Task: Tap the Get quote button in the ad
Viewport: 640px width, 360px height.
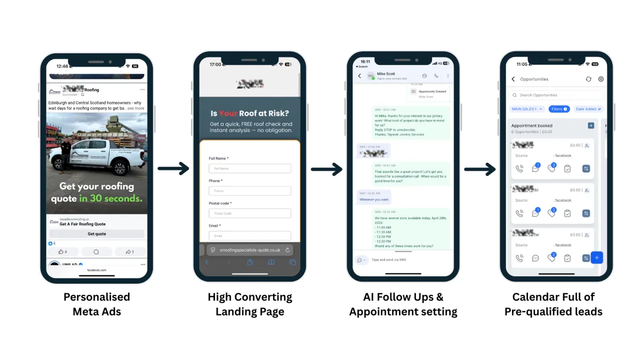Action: (97, 234)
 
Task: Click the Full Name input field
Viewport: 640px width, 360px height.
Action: (250, 169)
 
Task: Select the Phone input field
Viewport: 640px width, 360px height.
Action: (250, 191)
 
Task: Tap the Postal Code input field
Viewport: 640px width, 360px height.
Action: (250, 213)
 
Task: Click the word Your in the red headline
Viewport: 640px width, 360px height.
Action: (228, 114)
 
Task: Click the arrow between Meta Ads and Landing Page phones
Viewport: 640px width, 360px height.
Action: (173, 169)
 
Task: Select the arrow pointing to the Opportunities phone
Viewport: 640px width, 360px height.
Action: (480, 169)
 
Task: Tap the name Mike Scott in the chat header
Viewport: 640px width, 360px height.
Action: (386, 74)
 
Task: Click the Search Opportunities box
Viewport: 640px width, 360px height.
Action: (556, 95)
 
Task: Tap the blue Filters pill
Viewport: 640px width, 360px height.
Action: (559, 109)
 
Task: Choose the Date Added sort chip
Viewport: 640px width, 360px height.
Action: (588, 109)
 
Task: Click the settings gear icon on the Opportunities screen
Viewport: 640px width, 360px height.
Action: (601, 79)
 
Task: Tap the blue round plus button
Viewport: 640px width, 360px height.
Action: (597, 258)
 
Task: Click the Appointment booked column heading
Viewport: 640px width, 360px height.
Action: (532, 126)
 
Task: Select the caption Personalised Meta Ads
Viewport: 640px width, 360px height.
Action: (97, 304)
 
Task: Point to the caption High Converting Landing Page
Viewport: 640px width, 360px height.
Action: (250, 304)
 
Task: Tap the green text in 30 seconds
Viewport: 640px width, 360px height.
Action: (111, 199)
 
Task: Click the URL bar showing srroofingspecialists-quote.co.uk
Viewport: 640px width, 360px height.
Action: (250, 250)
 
